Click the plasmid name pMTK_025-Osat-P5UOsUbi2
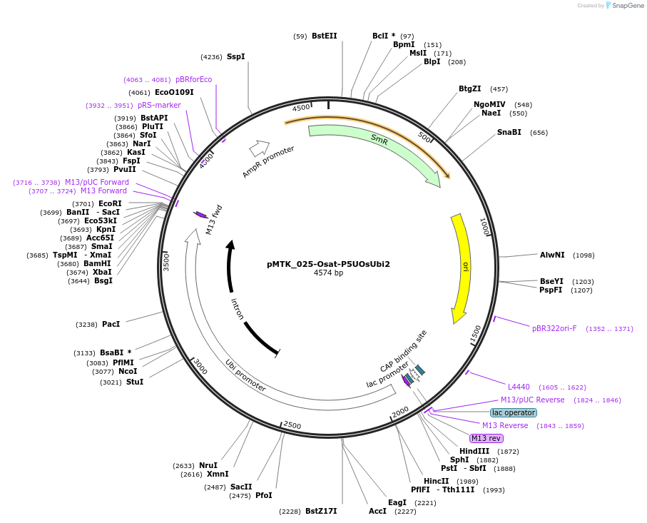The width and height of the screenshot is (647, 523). click(328, 264)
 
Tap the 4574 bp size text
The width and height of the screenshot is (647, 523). click(328, 273)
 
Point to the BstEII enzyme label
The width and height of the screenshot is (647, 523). click(325, 36)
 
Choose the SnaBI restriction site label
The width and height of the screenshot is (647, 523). click(509, 132)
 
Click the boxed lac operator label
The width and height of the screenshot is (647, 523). click(514, 412)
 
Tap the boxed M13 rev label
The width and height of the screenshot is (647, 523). click(486, 438)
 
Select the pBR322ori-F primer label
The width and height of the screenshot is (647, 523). click(554, 329)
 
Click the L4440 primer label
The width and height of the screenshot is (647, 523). click(519, 387)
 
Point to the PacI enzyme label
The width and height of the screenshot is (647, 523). click(111, 324)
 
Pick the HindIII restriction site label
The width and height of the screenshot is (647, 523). click(474, 451)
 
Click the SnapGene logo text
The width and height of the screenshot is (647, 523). click(628, 6)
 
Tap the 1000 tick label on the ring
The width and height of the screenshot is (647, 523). click(484, 227)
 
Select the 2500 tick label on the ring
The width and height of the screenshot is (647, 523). click(292, 425)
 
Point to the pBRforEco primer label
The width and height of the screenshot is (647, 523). click(193, 79)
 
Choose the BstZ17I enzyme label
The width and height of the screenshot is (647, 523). click(321, 511)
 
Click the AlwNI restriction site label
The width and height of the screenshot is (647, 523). click(552, 255)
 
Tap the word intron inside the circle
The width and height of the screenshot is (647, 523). click(237, 309)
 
